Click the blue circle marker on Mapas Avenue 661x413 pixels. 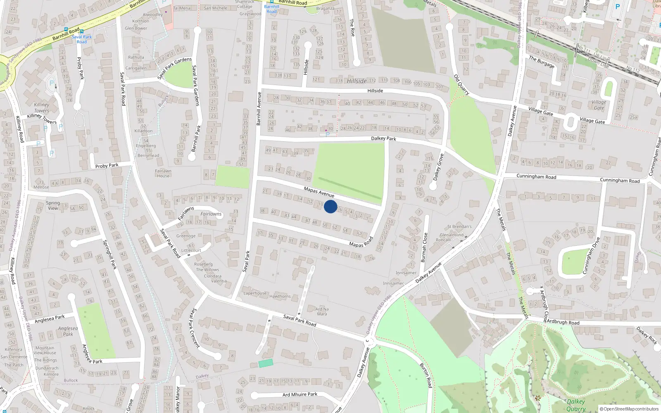pos(330,206)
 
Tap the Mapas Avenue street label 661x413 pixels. pos(319,192)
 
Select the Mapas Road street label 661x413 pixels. pos(361,242)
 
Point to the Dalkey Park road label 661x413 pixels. pos(383,138)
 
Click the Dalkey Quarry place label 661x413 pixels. pos(576,405)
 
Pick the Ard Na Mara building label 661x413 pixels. pos(322,311)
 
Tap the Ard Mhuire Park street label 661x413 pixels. pos(300,394)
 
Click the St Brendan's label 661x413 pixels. pos(459,227)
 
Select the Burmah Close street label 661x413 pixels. pos(424,247)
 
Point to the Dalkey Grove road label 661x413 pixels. pos(438,167)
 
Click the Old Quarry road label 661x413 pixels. pos(461,85)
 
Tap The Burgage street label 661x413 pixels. pos(542,62)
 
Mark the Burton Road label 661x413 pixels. pos(426,375)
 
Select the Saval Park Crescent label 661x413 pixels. pos(195,328)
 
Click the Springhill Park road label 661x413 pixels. pos(110,255)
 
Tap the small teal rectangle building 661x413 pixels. pos(266,363)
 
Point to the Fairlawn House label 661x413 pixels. pos(163,173)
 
